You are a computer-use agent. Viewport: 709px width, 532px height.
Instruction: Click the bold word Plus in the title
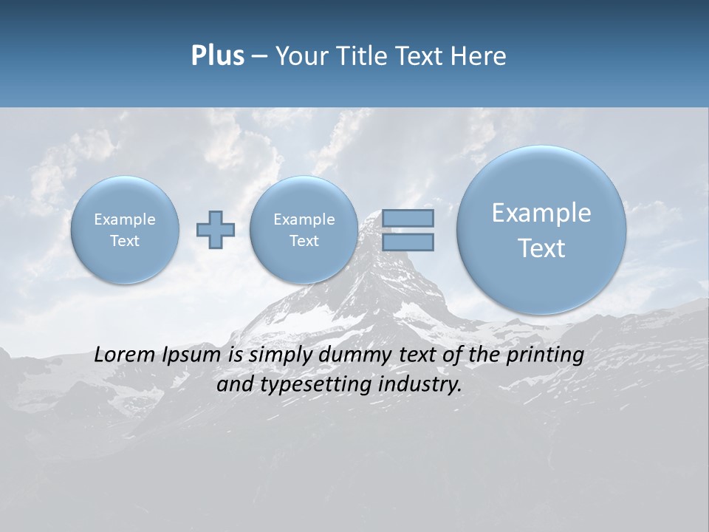coord(217,56)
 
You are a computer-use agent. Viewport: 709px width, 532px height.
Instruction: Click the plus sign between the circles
coord(216,230)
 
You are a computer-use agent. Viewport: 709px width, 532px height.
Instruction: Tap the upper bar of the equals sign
coord(408,218)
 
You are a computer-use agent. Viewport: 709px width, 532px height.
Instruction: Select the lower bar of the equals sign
coord(408,242)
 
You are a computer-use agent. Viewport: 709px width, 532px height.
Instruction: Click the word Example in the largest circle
coord(541,213)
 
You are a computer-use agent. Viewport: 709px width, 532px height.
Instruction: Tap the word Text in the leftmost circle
coord(125,241)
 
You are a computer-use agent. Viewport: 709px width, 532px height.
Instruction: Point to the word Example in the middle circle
coord(304,219)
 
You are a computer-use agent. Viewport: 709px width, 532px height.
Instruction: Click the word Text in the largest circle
coord(541,248)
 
